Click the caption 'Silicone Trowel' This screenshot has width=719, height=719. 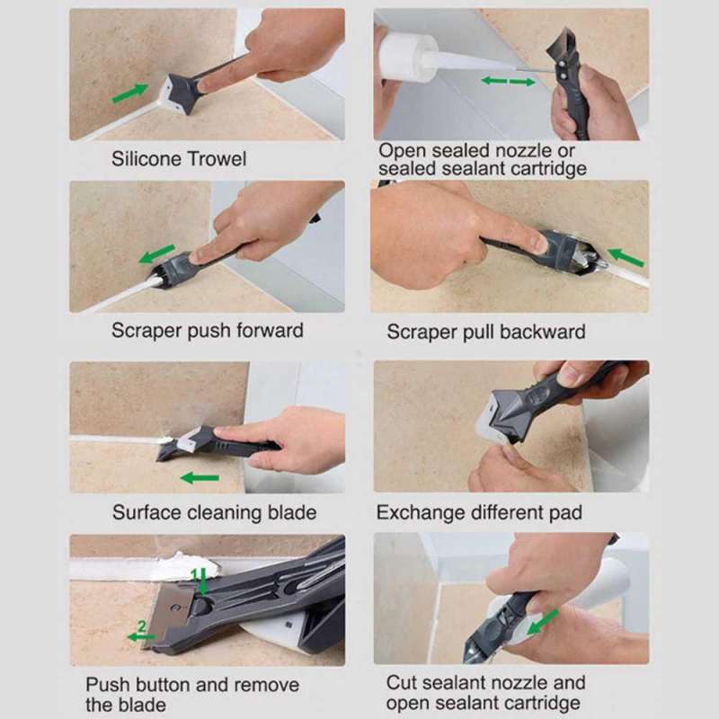coord(178,159)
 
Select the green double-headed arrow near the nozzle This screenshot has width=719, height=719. coord(508,82)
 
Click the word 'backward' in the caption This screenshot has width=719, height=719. coord(542,332)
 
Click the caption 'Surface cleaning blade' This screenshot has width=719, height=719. coord(214,512)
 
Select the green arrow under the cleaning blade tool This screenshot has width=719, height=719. coord(199,477)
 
